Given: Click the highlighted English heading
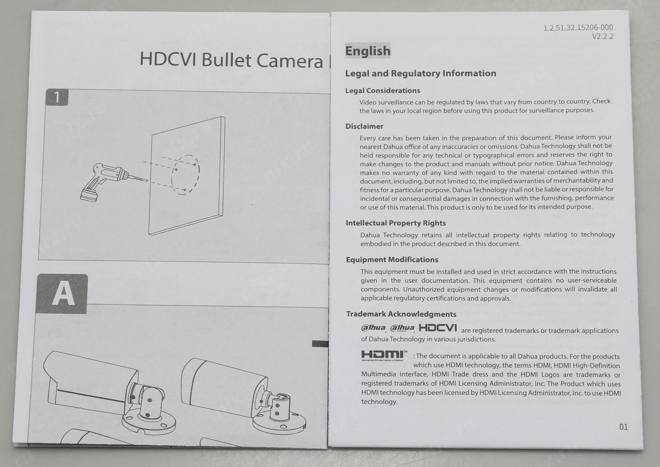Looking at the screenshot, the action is [368, 51].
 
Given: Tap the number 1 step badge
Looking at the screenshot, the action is [57, 97].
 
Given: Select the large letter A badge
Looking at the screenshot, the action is [62, 294].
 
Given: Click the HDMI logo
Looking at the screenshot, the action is [384, 355].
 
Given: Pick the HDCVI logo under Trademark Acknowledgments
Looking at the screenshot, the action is [438, 328].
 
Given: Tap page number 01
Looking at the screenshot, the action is [623, 427].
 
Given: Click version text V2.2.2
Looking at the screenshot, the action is [602, 37].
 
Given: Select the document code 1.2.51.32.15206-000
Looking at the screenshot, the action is [578, 28].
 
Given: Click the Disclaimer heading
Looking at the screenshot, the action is [364, 126].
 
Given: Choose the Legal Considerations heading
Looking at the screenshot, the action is [383, 91].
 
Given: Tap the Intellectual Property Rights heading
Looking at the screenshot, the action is [396, 223].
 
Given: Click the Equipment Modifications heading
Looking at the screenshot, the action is [392, 260].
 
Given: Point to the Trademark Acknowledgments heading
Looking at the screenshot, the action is [401, 314].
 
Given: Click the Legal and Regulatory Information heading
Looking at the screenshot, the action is [421, 73].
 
